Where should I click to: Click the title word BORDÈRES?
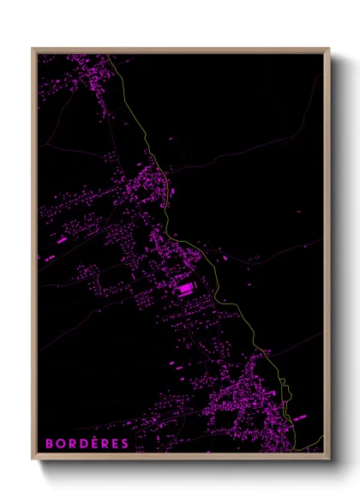[x=87, y=443]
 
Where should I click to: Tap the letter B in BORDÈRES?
[x=49, y=443]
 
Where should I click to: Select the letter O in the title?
[x=60, y=443]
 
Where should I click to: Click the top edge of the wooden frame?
[x=180, y=49]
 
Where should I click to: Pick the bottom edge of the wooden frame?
[x=180, y=459]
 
